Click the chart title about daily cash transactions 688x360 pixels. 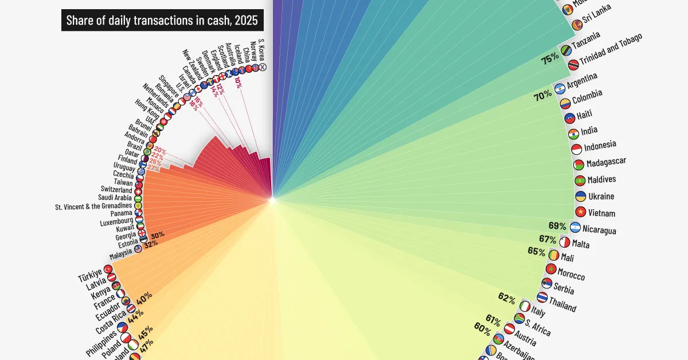click(x=162, y=21)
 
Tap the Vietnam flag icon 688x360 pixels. click(x=581, y=213)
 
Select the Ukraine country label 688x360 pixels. click(x=601, y=196)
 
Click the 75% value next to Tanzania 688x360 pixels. click(x=550, y=59)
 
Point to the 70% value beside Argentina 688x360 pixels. click(x=542, y=97)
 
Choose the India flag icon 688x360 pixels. click(x=573, y=134)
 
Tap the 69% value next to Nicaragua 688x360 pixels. click(x=557, y=226)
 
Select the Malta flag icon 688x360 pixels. click(x=565, y=242)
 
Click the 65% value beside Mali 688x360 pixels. click(x=536, y=251)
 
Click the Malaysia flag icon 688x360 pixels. click(x=138, y=249)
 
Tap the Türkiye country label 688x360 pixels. click(x=90, y=275)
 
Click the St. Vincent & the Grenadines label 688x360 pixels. click(x=93, y=205)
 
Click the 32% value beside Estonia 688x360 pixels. click(x=151, y=244)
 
